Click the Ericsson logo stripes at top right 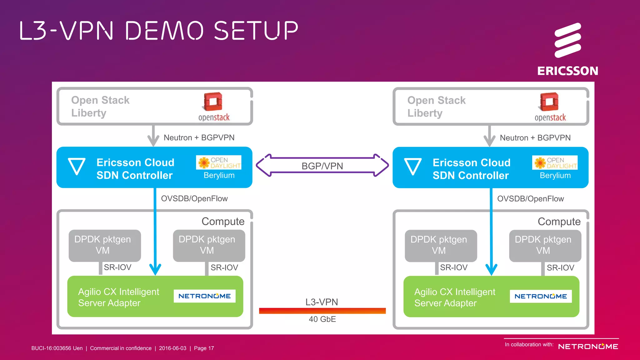pos(567,40)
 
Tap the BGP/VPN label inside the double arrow pos(322,166)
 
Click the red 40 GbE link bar pos(322,311)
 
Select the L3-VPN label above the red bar pos(322,302)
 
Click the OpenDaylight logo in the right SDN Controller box pos(555,162)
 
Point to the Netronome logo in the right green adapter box pos(541,296)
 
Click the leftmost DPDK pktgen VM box pos(105,245)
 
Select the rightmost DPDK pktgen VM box pos(545,245)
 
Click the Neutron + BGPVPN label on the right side pos(535,138)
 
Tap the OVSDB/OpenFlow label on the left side pos(194,198)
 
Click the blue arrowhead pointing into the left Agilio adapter pos(155,269)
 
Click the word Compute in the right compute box pos(559,221)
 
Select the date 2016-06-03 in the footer pos(172,348)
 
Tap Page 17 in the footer pos(204,348)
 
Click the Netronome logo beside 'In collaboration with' pos(588,347)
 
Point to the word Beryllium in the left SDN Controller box pos(219,175)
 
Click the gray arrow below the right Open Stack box pos(489,137)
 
